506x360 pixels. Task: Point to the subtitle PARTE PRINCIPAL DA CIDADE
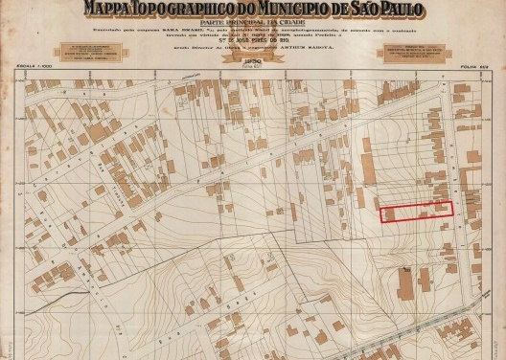[253, 23]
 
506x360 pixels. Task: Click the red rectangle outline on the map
[417, 212]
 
